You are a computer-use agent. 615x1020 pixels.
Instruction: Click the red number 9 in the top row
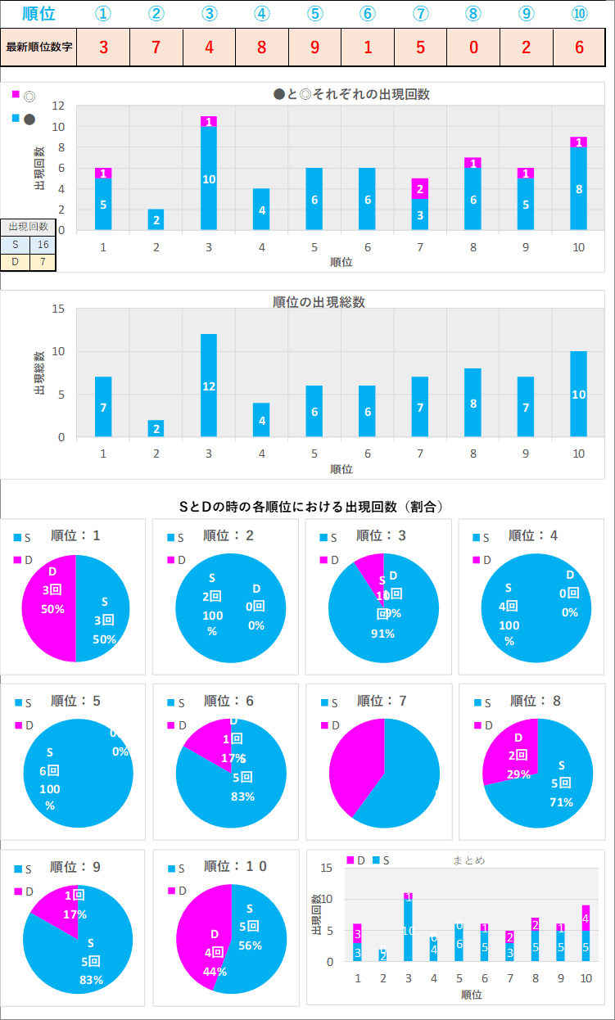point(314,47)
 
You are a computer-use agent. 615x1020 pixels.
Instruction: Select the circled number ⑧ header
point(473,14)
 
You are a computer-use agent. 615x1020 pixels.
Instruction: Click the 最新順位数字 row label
point(38,47)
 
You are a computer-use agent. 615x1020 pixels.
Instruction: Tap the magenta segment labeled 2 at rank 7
point(419,189)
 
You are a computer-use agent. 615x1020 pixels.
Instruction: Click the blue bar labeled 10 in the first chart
point(209,178)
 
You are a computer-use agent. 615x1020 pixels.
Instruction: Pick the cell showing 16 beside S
point(43,244)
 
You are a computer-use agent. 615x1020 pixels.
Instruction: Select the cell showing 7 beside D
point(43,262)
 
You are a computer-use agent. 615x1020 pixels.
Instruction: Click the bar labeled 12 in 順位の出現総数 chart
point(209,386)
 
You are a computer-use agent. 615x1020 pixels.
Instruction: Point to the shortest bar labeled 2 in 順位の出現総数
point(156,428)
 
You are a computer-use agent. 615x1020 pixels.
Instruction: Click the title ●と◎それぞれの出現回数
point(351,94)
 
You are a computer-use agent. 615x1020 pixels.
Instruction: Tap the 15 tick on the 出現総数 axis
point(58,309)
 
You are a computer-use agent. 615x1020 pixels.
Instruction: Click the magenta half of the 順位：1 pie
point(49,607)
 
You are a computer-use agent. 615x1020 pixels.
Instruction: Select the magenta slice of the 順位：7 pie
point(352,765)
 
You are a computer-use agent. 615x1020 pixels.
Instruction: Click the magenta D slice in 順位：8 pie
point(510,751)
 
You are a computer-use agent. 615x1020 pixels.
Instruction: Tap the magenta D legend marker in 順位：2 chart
point(171,560)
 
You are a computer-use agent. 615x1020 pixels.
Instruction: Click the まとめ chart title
point(468,860)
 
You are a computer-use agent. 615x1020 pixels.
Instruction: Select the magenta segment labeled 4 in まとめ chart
point(586,918)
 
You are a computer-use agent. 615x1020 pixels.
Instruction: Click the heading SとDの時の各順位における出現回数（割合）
point(311,507)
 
